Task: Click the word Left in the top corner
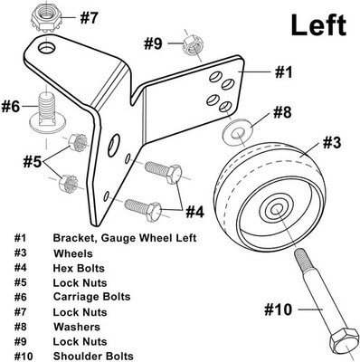point(318,25)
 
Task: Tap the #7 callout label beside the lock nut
point(89,18)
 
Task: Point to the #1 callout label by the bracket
point(283,72)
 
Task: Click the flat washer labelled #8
point(238,133)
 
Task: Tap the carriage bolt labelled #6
point(45,112)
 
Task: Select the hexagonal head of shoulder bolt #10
point(343,344)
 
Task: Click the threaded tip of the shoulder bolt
point(300,255)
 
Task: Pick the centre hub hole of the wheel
point(276,209)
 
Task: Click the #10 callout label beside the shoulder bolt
point(278,310)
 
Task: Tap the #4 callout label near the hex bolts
point(194,212)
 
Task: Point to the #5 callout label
point(33,162)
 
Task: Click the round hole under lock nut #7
point(47,48)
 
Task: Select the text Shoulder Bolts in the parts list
point(93,356)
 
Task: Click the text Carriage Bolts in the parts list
point(91,297)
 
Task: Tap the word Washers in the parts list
point(77,327)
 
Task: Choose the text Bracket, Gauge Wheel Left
point(125,238)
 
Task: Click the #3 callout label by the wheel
point(332,143)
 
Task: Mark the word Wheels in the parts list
point(73,253)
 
